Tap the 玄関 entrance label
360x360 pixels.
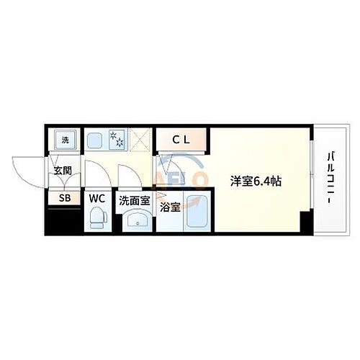coord(62,171)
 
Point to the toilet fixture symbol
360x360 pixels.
coord(96,217)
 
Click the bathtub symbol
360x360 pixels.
coord(196,212)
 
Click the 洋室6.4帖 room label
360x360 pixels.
coord(256,181)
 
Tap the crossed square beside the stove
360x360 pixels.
coord(142,140)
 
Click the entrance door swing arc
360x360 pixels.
coord(25,171)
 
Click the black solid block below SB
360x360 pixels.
coord(62,220)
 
